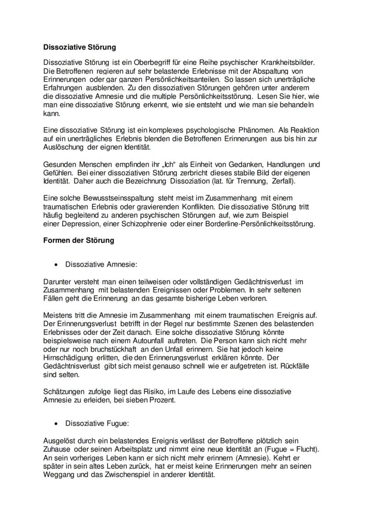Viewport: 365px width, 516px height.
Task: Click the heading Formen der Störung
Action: pyautogui.click(x=78, y=240)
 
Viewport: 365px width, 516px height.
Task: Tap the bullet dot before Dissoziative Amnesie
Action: pyautogui.click(x=56, y=265)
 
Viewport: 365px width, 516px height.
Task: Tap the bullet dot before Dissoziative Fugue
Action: pyautogui.click(x=56, y=423)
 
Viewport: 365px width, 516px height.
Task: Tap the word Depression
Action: pyautogui.click(x=76, y=224)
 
